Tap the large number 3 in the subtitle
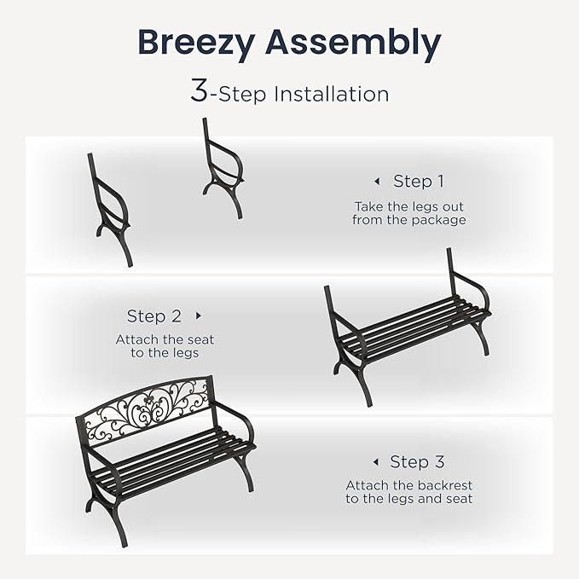199,92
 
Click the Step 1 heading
418,181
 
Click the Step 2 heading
154,316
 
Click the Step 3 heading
417,462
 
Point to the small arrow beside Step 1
376,182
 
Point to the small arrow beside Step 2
199,316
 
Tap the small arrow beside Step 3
375,462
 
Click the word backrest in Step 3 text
443,485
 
